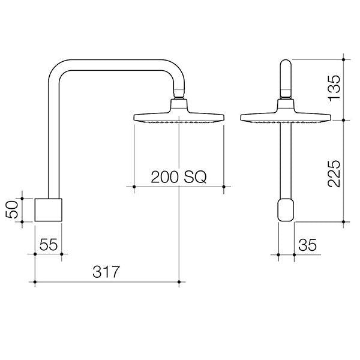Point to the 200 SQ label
(178, 177)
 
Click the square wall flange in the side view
(48, 209)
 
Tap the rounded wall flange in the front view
(286, 211)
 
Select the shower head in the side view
(179, 116)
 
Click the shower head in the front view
(285, 116)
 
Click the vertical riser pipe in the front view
(286, 162)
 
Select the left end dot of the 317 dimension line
(35, 281)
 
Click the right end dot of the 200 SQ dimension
(224, 187)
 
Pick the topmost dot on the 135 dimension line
(343, 59)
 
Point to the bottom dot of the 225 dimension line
(343, 222)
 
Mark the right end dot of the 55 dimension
(62, 254)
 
